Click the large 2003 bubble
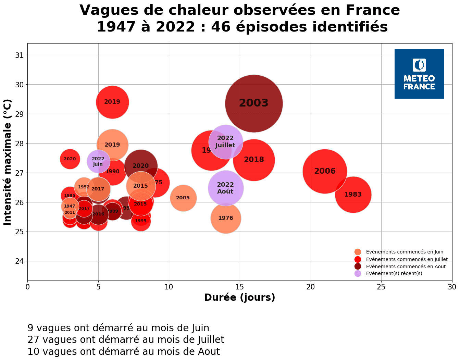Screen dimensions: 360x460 pyautogui.click(x=254, y=103)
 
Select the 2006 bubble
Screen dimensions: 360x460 pyautogui.click(x=325, y=171)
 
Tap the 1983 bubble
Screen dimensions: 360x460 pyautogui.click(x=353, y=195)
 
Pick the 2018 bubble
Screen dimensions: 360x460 pyautogui.click(x=254, y=160)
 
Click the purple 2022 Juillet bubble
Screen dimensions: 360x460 pyautogui.click(x=225, y=141)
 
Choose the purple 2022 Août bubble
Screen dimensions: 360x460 pyautogui.click(x=225, y=188)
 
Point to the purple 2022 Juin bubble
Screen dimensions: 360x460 pyautogui.click(x=98, y=161)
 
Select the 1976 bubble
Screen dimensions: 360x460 pyautogui.click(x=226, y=218)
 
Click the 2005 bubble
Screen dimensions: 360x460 pyautogui.click(x=183, y=198)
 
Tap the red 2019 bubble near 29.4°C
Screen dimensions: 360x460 pyautogui.click(x=112, y=102)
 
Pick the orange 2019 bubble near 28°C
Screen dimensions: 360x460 pyautogui.click(x=112, y=145)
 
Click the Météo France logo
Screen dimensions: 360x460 pyautogui.click(x=419, y=74)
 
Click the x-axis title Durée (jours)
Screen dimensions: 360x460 pyautogui.click(x=239, y=297)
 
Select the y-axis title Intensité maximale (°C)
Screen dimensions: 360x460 pyautogui.click(x=8, y=162)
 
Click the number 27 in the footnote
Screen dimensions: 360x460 pyautogui.click(x=33, y=340)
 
